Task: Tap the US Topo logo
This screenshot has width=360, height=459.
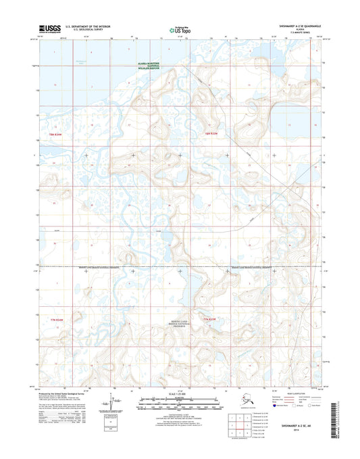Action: tap(180, 30)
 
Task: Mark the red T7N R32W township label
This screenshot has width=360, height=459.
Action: tap(211, 318)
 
